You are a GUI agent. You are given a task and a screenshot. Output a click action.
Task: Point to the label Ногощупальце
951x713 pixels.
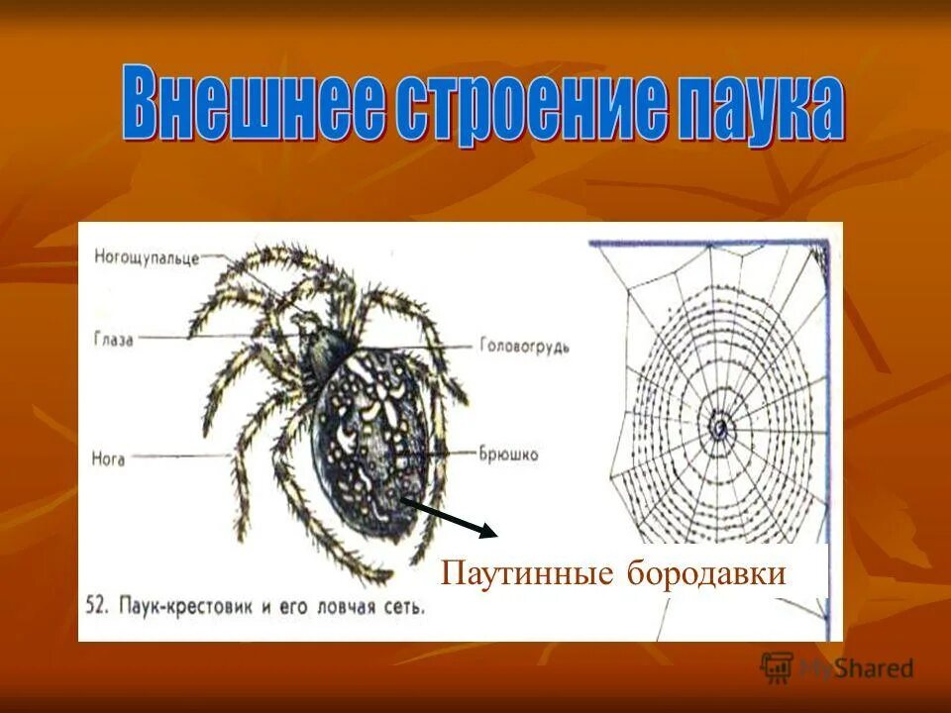click(147, 257)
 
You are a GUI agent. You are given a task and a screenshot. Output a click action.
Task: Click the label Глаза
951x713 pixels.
click(114, 337)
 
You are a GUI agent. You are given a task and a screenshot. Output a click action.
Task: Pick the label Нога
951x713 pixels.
click(109, 460)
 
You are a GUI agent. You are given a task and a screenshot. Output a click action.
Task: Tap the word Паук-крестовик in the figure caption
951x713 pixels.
click(184, 604)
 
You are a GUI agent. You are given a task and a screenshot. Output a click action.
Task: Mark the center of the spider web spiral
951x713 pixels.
click(718, 427)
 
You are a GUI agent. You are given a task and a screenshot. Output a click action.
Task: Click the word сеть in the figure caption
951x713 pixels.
click(404, 605)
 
